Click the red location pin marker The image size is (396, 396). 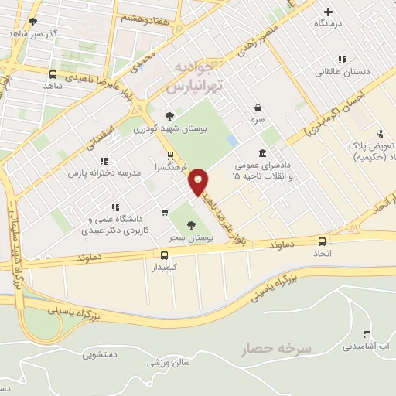(199, 181)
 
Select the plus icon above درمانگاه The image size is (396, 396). (329, 12)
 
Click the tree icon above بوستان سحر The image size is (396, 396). (191, 225)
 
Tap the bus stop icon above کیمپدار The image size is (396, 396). (164, 255)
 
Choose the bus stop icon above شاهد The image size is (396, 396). (53, 75)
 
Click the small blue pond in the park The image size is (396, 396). (233, 141)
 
